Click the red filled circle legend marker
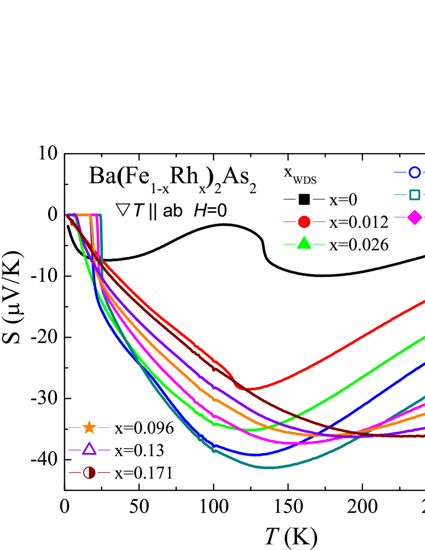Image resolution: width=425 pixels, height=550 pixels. [x=304, y=222]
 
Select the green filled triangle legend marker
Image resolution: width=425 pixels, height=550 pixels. [x=304, y=244]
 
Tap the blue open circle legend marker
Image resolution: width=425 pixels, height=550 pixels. [x=415, y=172]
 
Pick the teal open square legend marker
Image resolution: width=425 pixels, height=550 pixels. [x=415, y=195]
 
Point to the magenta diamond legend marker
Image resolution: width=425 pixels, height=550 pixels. [x=415, y=217]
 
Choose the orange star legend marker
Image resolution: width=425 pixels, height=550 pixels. [x=89, y=427]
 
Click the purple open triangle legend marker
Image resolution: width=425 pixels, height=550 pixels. [x=89, y=449]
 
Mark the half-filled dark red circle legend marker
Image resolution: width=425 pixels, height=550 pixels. [x=89, y=472]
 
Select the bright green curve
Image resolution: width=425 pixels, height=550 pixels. [x=358, y=379]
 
